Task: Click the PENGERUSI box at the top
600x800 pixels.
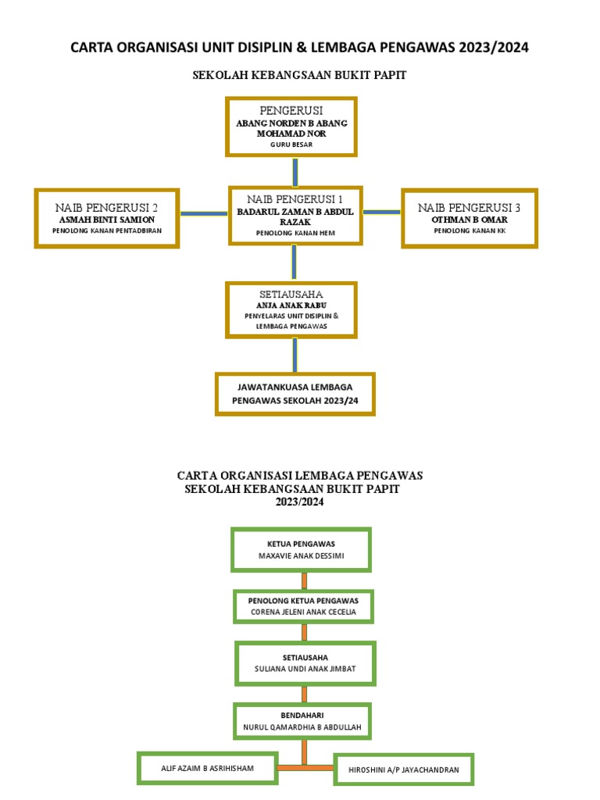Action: (291, 126)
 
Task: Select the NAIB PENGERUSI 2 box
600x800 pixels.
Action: (107, 218)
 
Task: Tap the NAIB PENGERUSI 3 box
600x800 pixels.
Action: (469, 218)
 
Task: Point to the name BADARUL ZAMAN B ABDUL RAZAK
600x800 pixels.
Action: (295, 216)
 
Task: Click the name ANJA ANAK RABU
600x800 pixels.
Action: (291, 305)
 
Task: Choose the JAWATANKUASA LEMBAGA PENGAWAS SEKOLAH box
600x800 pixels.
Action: (295, 393)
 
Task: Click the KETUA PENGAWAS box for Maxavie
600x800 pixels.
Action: (301, 549)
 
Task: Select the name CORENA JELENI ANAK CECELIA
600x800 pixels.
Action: (303, 612)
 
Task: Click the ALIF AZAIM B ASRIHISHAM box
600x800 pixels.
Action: (207, 768)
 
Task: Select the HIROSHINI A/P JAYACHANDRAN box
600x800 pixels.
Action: (404, 770)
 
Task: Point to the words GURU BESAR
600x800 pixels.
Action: (291, 145)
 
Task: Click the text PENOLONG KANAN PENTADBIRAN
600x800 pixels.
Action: (107, 231)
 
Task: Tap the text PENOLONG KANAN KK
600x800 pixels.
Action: (470, 231)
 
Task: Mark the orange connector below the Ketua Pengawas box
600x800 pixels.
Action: (303, 580)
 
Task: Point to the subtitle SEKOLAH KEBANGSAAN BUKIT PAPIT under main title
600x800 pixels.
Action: (299, 75)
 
